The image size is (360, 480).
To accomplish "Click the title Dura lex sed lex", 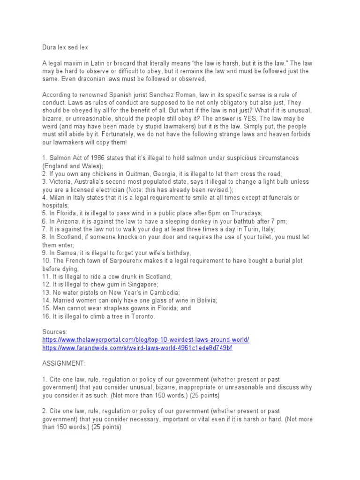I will pos(63,47).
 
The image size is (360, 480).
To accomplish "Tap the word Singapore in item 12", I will pos(142,285).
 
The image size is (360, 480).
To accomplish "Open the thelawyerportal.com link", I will pos(146,340).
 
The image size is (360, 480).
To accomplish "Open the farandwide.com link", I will pos(137,348).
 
